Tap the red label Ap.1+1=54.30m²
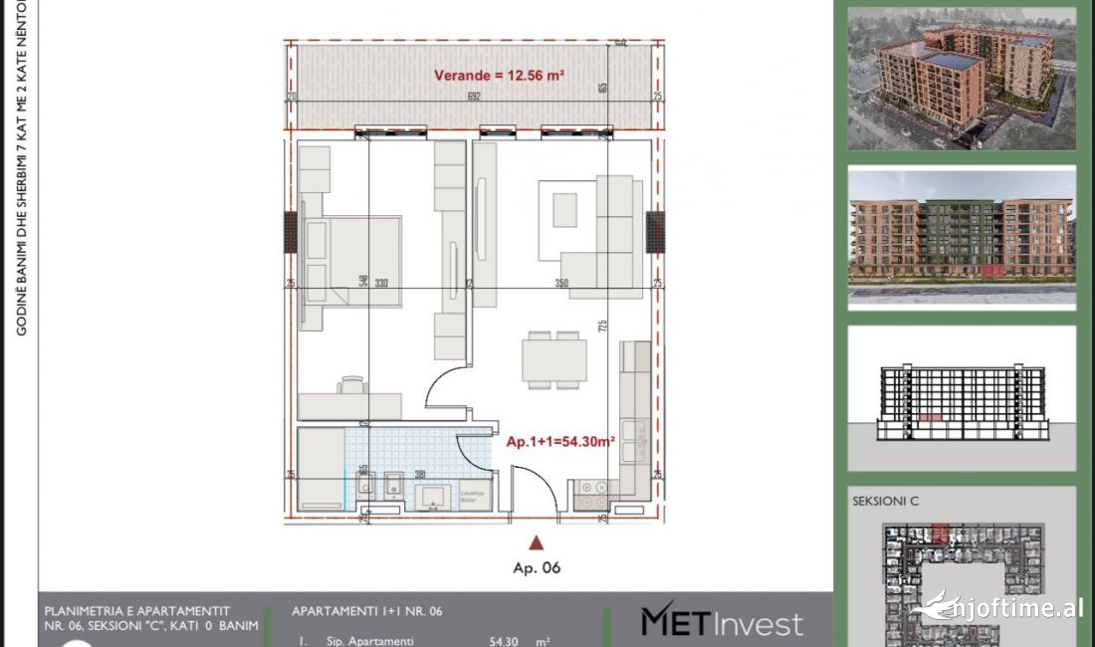click(x=560, y=440)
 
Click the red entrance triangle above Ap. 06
click(x=537, y=542)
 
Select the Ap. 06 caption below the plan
click(x=537, y=568)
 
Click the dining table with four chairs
click(x=555, y=359)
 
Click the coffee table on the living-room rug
click(x=564, y=208)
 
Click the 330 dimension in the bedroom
click(x=380, y=284)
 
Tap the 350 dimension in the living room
click(x=561, y=284)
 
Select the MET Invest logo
click(x=721, y=622)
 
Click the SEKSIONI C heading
click(x=886, y=502)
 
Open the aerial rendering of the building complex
click(x=962, y=79)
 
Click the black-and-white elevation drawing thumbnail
click(x=962, y=398)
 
